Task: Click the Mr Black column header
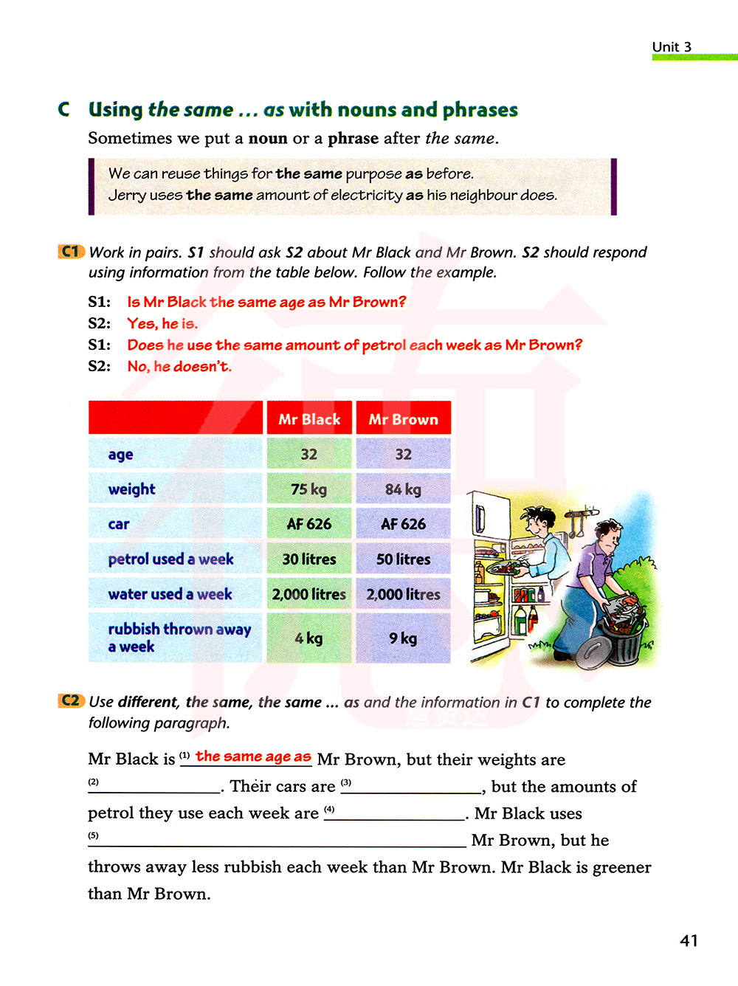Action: pos(309,419)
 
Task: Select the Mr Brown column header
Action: pos(403,419)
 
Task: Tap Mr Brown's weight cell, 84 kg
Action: pos(403,489)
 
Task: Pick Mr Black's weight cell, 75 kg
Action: pos(309,489)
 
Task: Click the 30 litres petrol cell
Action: pos(309,559)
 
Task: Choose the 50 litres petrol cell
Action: pos(403,559)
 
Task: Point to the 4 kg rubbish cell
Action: pos(309,638)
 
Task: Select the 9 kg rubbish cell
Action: pos(403,638)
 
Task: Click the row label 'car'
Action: pos(119,525)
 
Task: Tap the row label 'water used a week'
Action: pos(170,594)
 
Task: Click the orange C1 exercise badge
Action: pos(71,252)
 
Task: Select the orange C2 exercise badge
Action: pos(71,700)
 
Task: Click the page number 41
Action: pos(689,940)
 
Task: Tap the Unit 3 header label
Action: pos(672,47)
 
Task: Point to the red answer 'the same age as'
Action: pos(253,756)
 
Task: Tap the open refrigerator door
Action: pos(488,568)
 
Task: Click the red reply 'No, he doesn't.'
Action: pos(179,366)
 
